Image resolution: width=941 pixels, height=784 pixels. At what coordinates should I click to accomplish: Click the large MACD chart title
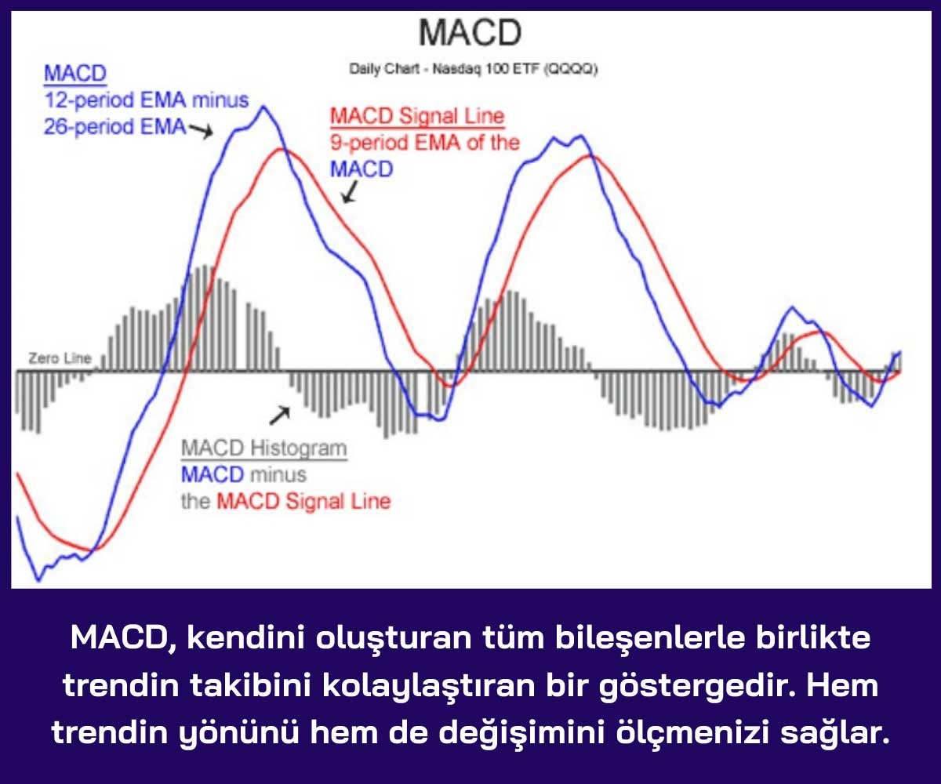[470, 32]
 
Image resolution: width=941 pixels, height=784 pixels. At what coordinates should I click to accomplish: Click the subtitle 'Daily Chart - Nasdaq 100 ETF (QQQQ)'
[473, 69]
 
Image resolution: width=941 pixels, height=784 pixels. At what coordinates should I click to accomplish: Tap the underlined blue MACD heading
[75, 73]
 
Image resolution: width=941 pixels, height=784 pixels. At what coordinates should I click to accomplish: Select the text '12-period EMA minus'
[147, 100]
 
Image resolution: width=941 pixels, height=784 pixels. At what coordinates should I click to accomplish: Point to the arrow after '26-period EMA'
[201, 131]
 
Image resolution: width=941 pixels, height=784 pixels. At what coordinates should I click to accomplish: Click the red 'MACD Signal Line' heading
[417, 116]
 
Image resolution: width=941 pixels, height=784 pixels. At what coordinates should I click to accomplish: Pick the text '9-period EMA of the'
[425, 143]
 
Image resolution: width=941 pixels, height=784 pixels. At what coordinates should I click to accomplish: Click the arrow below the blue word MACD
[350, 192]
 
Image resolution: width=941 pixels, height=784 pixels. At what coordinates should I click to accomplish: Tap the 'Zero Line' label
[60, 358]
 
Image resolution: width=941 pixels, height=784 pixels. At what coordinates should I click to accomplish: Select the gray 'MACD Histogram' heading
[264, 448]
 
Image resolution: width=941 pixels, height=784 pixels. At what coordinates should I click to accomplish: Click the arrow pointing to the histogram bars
[280, 416]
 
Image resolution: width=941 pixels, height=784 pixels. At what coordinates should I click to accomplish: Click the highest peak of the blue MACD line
[263, 107]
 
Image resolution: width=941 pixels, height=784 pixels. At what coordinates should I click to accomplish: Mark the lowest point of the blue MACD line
[38, 581]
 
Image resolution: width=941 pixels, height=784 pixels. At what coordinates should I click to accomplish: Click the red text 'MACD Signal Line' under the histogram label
[303, 502]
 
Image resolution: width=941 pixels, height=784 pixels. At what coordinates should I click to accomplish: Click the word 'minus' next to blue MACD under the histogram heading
[278, 475]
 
